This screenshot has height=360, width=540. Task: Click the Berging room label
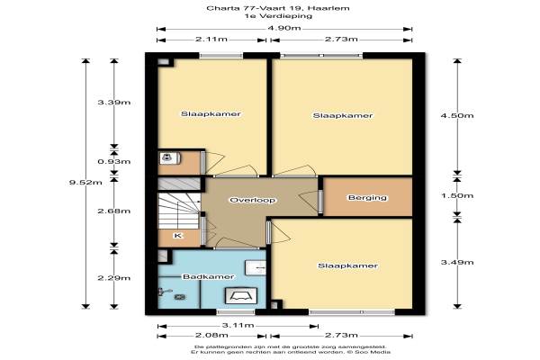(x=367, y=198)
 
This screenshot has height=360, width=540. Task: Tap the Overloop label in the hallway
(x=252, y=200)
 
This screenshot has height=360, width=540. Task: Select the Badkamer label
(x=209, y=276)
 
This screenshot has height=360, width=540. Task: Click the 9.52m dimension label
(x=85, y=182)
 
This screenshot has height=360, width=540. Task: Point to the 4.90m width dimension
(x=284, y=28)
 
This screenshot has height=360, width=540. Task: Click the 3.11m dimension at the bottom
(x=238, y=325)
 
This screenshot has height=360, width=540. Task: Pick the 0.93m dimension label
(x=114, y=162)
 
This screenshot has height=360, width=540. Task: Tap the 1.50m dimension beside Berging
(x=457, y=195)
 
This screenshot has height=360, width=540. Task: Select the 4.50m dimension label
(x=457, y=115)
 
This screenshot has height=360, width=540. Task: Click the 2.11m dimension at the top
(x=211, y=40)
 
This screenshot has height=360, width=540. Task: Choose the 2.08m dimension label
(x=211, y=335)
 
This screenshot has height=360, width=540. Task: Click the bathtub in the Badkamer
(x=241, y=296)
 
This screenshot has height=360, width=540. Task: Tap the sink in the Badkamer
(x=256, y=267)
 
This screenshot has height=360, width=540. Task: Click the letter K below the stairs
(x=177, y=236)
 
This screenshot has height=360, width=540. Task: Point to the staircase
(x=179, y=211)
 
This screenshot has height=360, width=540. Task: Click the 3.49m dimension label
(x=457, y=263)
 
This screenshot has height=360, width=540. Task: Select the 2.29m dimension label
(x=114, y=278)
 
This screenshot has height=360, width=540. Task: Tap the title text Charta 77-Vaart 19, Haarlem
(x=278, y=8)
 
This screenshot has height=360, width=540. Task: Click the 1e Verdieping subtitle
(x=278, y=16)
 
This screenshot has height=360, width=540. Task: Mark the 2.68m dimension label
(x=114, y=211)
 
